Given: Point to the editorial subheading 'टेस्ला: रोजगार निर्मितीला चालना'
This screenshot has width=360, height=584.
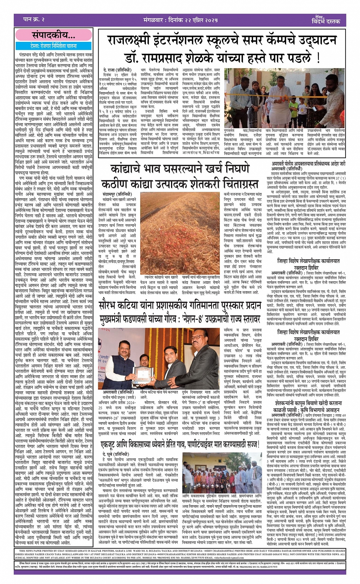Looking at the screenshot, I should [x=54, y=46].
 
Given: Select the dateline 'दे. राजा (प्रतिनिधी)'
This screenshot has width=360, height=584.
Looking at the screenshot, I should [x=115, y=70].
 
